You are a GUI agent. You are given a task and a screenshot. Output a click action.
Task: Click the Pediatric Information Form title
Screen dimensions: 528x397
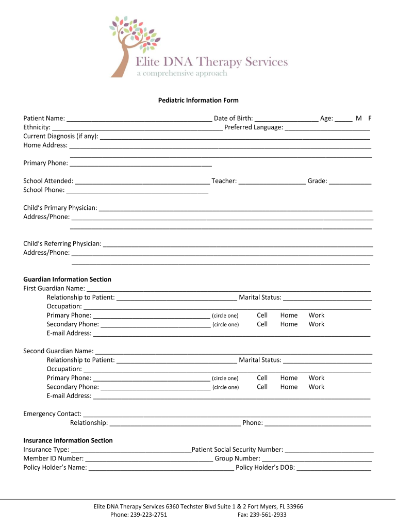198,100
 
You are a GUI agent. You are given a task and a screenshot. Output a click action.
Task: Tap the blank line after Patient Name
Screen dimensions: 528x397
139,119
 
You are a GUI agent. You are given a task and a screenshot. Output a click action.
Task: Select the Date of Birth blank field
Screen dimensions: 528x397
286,119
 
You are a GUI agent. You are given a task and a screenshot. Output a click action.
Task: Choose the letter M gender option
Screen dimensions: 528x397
358,118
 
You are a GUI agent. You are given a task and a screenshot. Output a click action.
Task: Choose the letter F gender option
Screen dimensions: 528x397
370,118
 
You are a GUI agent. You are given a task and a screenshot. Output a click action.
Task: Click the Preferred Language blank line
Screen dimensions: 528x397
327,127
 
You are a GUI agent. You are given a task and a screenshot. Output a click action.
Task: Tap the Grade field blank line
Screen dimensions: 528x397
350,181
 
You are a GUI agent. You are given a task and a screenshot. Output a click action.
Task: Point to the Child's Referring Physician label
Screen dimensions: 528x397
62,243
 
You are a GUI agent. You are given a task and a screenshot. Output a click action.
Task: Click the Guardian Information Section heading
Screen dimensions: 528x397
67,279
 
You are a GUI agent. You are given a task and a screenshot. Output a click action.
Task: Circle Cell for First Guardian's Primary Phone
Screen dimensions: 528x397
262,315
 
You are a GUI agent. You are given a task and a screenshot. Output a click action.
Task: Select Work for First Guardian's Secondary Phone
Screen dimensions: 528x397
317,324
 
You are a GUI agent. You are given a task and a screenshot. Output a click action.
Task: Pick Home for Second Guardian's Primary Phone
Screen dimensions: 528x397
289,378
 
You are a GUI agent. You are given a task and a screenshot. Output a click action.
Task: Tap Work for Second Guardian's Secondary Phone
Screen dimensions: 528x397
317,387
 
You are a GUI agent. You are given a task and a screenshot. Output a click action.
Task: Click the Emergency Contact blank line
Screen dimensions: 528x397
227,414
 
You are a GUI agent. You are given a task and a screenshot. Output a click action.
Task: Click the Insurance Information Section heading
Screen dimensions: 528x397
68,440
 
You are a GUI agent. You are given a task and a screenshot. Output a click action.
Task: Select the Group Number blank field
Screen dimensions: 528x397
317,458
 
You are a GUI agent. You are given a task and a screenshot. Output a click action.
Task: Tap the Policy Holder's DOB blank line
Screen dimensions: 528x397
334,468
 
